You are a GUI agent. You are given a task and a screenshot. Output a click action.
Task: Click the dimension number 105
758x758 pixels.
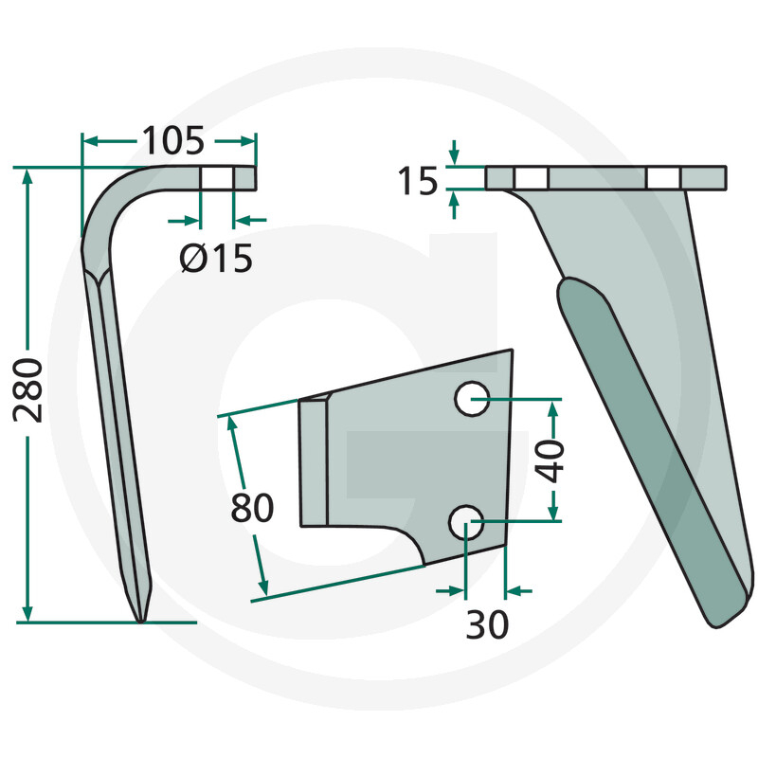(x=173, y=140)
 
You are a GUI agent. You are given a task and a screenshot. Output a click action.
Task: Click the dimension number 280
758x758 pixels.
(x=28, y=390)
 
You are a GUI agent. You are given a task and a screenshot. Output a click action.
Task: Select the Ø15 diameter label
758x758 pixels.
(x=216, y=258)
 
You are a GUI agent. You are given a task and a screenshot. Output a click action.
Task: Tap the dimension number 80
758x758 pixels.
(x=252, y=508)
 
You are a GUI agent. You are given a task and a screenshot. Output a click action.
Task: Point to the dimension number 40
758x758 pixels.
(x=550, y=461)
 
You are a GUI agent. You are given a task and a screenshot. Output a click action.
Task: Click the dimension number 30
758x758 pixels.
(x=487, y=624)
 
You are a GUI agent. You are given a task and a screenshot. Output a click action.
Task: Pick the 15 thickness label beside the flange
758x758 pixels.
(x=417, y=181)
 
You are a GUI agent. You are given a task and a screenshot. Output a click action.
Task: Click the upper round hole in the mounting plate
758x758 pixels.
(x=472, y=398)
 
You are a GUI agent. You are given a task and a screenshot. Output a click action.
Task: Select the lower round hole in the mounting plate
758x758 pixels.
(x=466, y=523)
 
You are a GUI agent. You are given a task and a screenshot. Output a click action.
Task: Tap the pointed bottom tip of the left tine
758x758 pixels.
(x=140, y=622)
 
